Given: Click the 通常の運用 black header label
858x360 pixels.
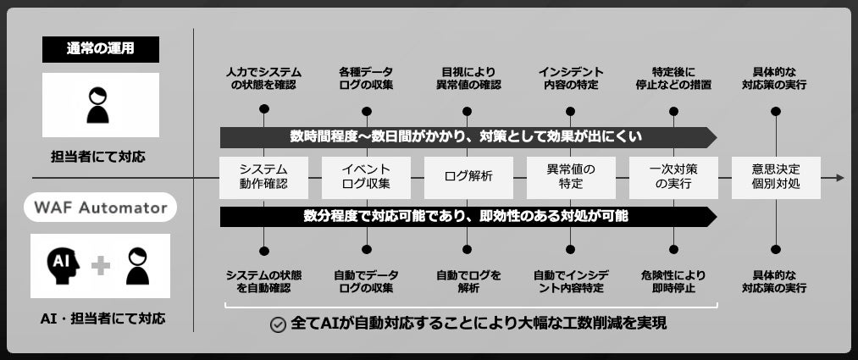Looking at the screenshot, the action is pyautogui.click(x=100, y=49).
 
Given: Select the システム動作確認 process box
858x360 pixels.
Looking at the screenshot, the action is pyautogui.click(x=263, y=176).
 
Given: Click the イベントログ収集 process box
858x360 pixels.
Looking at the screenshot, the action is pyautogui.click(x=366, y=176).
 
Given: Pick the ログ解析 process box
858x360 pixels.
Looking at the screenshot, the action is pyautogui.click(x=468, y=176).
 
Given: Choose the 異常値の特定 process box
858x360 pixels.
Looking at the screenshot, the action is pyautogui.click(x=571, y=176).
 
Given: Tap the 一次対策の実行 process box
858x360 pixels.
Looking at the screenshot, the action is pyautogui.click(x=673, y=176).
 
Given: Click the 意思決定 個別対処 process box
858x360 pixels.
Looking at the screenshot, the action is pyautogui.click(x=776, y=176).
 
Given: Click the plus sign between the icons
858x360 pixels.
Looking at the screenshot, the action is pyautogui.click(x=101, y=266).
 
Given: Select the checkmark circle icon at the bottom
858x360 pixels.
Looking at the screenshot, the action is pyautogui.click(x=277, y=324).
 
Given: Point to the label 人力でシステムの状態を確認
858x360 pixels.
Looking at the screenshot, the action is pyautogui.click(x=263, y=79).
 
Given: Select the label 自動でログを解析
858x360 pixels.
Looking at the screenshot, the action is pyautogui.click(x=468, y=281).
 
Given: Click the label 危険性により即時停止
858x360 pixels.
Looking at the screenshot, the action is pyautogui.click(x=673, y=281).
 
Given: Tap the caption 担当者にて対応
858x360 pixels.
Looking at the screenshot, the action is pyautogui.click(x=98, y=157).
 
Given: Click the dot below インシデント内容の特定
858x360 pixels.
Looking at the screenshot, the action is pyautogui.click(x=570, y=110).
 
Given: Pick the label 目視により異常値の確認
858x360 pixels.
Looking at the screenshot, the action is pyautogui.click(x=468, y=79).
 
